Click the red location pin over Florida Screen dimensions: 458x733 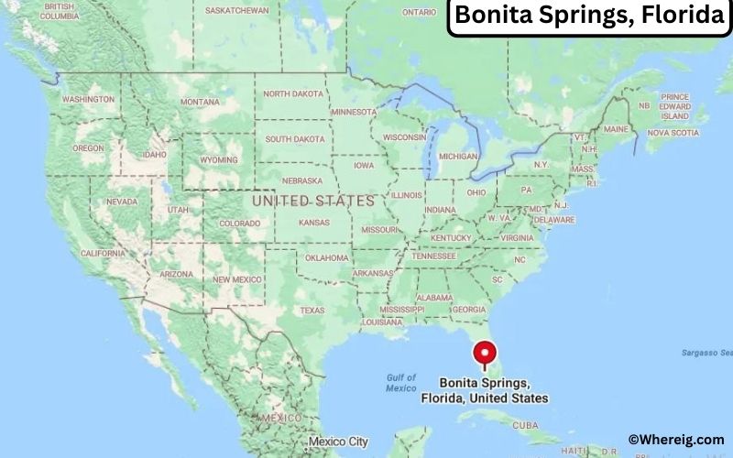tap(484, 353)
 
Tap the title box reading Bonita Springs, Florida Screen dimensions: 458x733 tap(588, 17)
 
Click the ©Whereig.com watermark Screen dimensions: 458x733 tap(676, 440)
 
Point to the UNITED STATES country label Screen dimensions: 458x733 tap(313, 200)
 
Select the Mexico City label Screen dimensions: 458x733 tap(339, 442)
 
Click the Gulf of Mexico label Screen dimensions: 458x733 tap(400, 383)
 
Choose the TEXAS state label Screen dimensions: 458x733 tap(312, 311)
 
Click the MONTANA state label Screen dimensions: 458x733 tap(200, 102)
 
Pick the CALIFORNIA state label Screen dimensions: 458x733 tap(103, 253)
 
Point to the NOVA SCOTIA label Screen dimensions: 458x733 tap(672, 133)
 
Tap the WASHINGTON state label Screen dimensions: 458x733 tap(88, 99)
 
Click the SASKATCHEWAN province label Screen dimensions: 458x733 tap(237, 11)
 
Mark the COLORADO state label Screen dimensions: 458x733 tap(239, 223)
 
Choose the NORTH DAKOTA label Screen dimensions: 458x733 tap(294, 93)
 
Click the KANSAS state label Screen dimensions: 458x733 tap(314, 223)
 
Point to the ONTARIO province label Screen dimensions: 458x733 tap(419, 12)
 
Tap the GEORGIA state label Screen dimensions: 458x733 tap(468, 310)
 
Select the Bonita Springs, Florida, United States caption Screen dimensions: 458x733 tap(484, 390)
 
